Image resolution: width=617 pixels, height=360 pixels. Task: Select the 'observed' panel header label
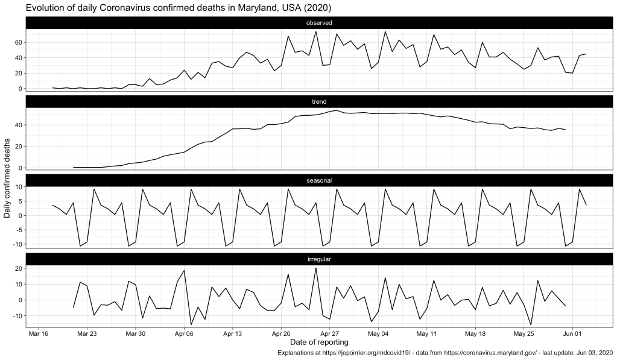tap(320, 23)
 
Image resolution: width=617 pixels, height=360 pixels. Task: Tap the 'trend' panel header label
tap(320, 102)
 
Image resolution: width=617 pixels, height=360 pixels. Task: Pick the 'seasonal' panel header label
tap(320, 180)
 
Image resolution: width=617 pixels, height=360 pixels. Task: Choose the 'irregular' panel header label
tap(320, 259)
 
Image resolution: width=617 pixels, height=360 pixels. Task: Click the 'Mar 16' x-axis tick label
tap(39, 333)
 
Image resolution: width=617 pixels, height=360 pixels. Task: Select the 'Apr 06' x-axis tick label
tap(184, 333)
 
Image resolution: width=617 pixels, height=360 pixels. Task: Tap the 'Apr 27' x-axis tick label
tap(329, 333)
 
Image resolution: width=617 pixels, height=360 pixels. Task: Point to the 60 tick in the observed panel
tap(19, 42)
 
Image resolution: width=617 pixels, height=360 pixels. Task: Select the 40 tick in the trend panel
tap(19, 125)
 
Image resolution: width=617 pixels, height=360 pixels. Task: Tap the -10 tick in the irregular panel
tap(17, 315)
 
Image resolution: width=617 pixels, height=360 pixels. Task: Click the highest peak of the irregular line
tap(316, 268)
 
